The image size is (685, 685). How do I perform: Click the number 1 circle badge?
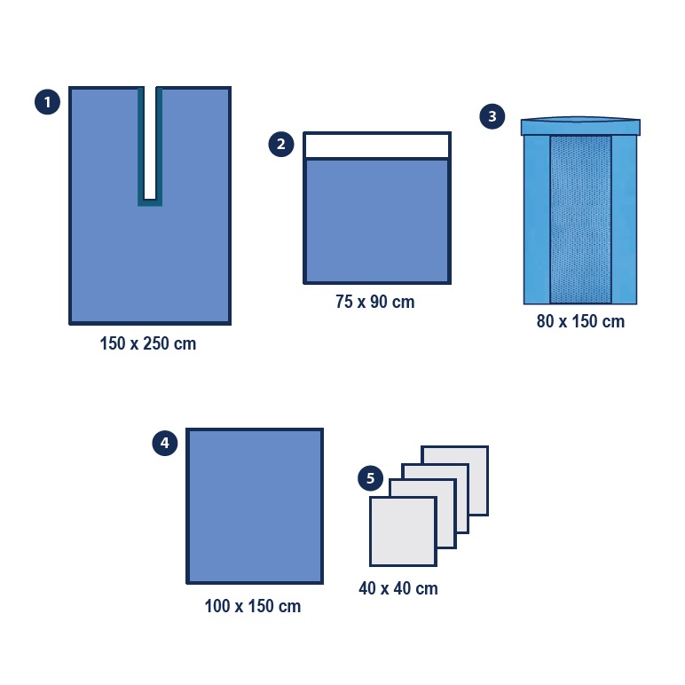[47, 102]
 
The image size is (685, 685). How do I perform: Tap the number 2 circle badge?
[281, 144]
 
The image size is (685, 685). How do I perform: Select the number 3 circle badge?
[492, 116]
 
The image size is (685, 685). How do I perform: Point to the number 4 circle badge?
[165, 443]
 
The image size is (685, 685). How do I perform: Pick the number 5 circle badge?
[371, 478]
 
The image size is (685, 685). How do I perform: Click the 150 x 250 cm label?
[148, 343]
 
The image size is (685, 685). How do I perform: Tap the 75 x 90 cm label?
[375, 302]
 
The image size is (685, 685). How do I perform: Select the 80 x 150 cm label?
[580, 321]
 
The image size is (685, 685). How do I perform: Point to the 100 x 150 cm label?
[253, 606]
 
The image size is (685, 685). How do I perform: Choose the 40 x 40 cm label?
[398, 588]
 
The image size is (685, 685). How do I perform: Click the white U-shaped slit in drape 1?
[150, 144]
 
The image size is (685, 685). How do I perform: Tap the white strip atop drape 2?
[377, 146]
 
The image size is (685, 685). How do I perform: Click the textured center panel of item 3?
[580, 220]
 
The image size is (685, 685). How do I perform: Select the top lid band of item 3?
[580, 126]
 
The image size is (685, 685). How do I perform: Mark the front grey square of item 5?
[403, 531]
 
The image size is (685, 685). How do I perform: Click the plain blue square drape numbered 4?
[255, 506]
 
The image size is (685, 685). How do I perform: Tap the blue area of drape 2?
[377, 221]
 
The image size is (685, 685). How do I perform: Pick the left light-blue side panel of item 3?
[537, 220]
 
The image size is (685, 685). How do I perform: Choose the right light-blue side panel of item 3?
[625, 220]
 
